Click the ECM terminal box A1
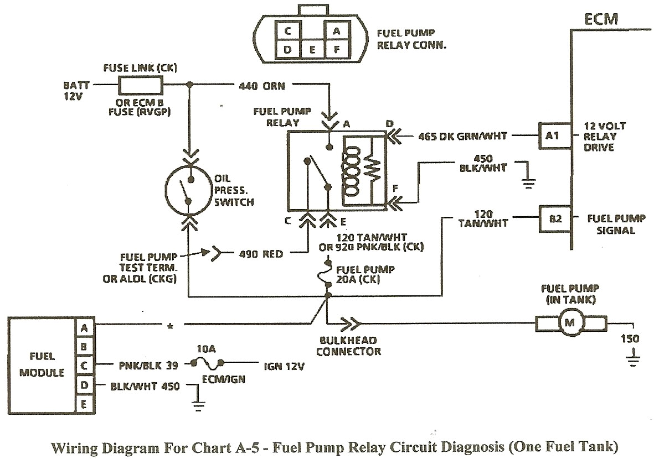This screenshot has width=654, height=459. point(552,135)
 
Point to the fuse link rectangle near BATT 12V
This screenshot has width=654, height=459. point(141,85)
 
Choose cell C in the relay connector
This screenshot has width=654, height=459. point(288,32)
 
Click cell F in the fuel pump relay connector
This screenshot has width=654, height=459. point(336,49)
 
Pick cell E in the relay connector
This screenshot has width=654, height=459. point(312,49)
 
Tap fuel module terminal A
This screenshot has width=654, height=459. point(85,327)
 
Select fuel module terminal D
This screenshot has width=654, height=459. point(85,385)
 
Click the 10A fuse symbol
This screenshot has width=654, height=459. point(207,364)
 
